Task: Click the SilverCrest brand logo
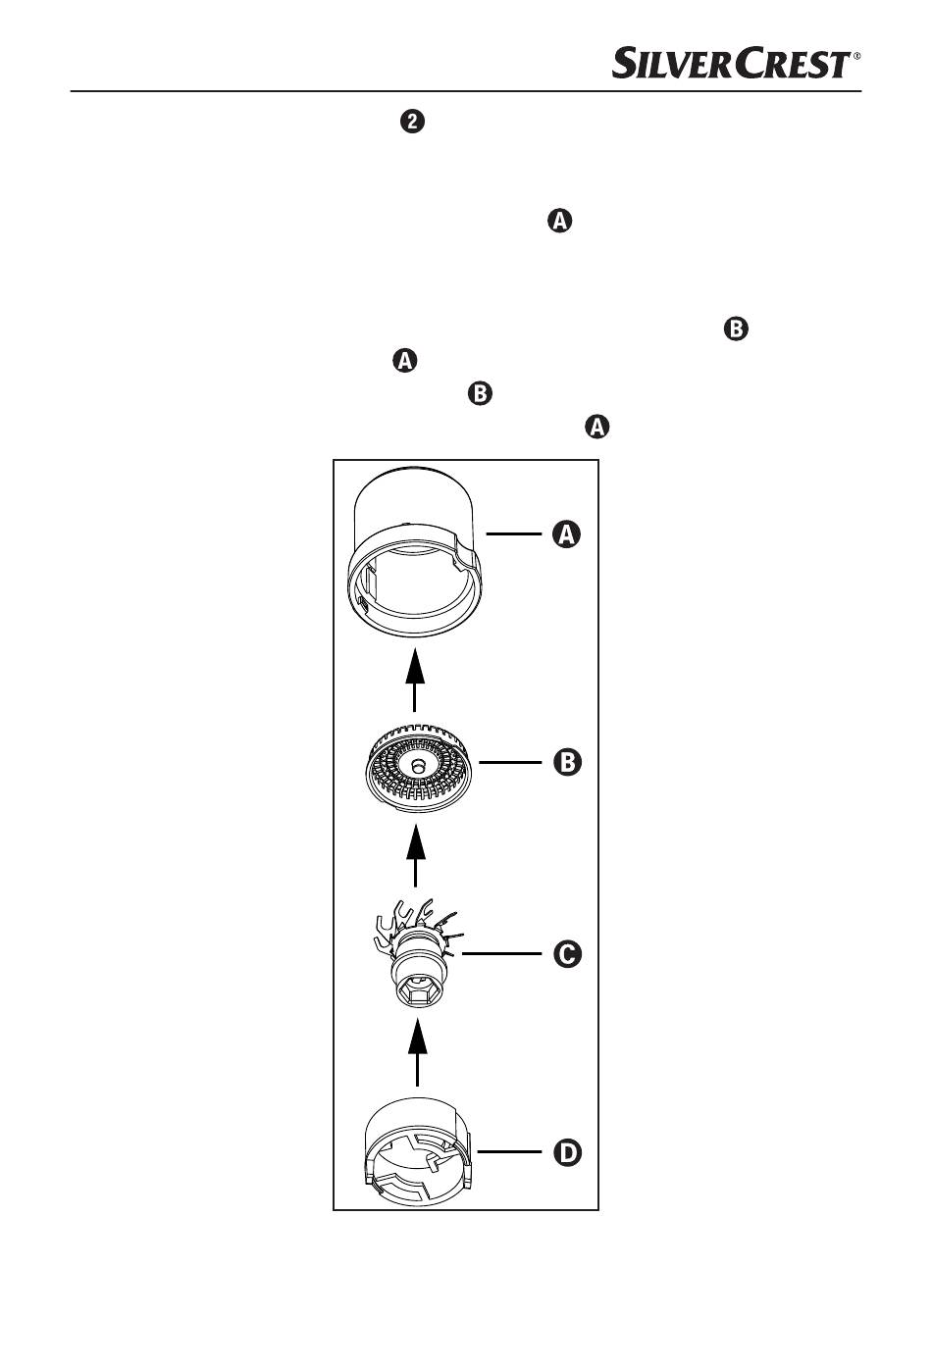pyautogui.click(x=732, y=64)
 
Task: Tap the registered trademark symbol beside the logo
pyautogui.click(x=857, y=57)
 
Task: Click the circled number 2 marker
pyautogui.click(x=413, y=123)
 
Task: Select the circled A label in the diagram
pyautogui.click(x=566, y=534)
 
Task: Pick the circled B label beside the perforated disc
pyautogui.click(x=566, y=762)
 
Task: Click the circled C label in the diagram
pyautogui.click(x=566, y=953)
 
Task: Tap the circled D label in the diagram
pyautogui.click(x=566, y=1152)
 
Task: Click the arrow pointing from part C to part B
pyautogui.click(x=417, y=855)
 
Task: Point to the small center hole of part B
pyautogui.click(x=419, y=765)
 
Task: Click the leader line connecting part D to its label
pyautogui.click(x=506, y=1152)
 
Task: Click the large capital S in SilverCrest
pyautogui.click(x=627, y=64)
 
